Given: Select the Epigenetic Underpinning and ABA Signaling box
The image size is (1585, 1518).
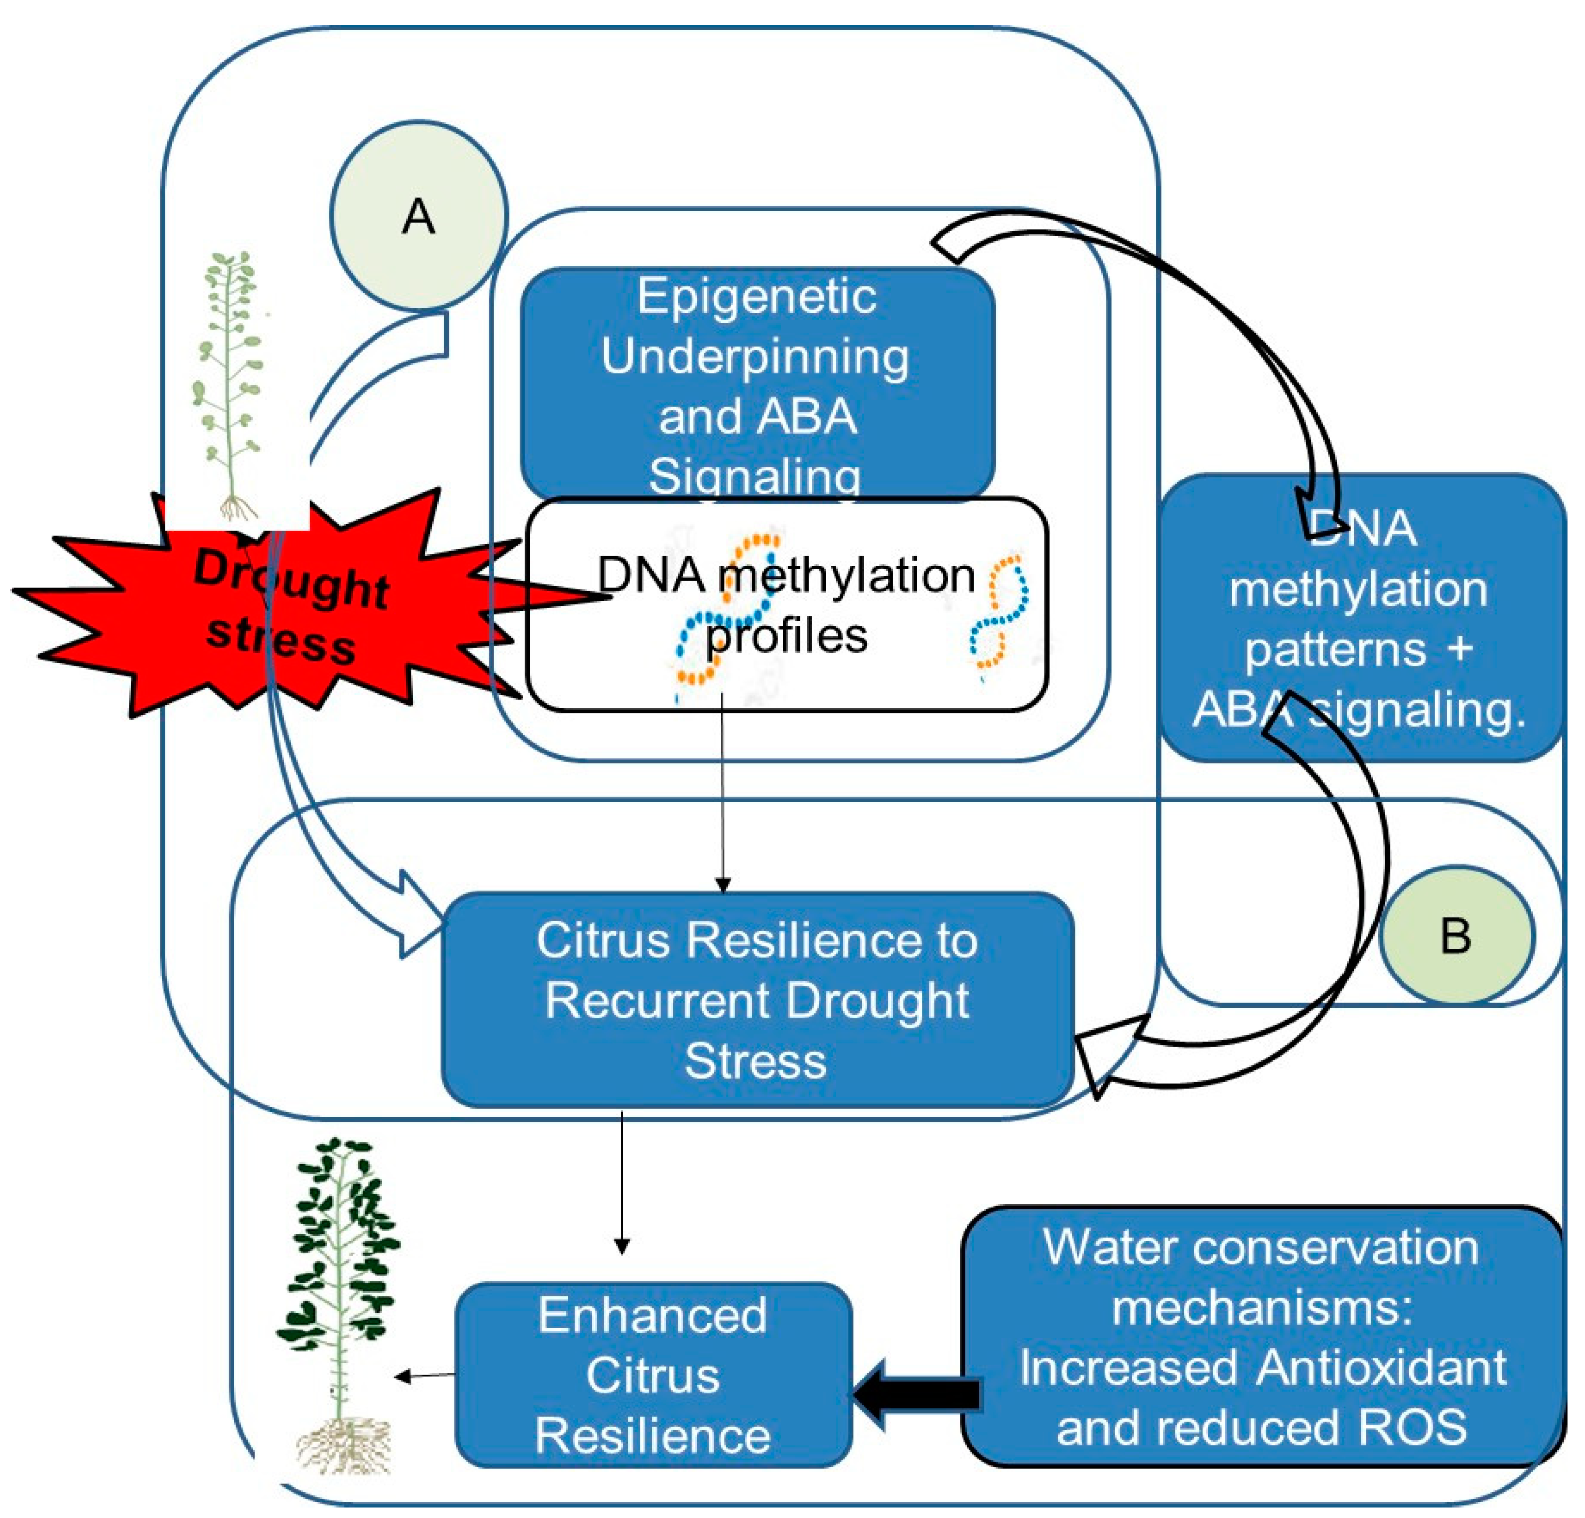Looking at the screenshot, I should [757, 384].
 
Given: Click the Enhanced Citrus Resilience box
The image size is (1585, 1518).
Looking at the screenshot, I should [653, 1375].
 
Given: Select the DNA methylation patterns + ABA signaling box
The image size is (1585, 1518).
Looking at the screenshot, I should [1360, 619].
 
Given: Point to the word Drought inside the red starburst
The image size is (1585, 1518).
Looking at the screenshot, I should [291, 578].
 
